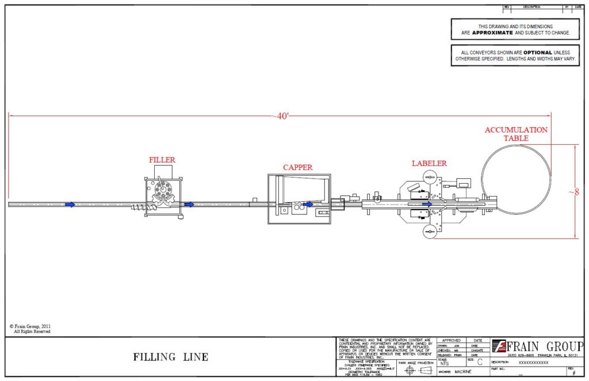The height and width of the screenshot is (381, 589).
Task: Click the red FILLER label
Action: point(162,160)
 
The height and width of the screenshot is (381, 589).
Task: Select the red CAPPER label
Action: point(297,167)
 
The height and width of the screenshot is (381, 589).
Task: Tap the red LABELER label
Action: point(429,163)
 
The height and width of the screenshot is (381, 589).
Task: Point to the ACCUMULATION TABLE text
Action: point(516,134)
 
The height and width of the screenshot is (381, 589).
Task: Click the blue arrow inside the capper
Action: point(308,204)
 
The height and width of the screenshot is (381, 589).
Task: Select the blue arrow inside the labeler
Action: point(427,204)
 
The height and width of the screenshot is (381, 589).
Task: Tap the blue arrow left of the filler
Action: point(70,204)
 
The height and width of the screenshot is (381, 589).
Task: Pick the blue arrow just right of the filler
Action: point(189,204)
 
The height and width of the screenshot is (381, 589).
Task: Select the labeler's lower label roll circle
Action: point(429,231)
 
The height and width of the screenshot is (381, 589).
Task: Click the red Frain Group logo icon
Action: point(499,346)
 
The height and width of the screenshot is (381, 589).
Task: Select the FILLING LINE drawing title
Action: point(171,357)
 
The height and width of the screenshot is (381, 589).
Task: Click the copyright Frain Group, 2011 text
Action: point(32,326)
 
